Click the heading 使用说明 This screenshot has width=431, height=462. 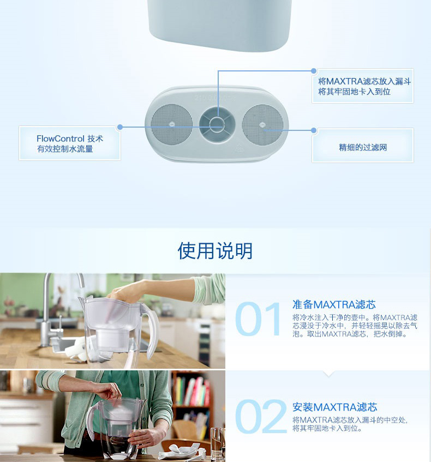click(x=215, y=251)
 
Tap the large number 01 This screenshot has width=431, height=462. click(x=258, y=319)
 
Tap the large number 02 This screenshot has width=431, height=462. click(x=261, y=416)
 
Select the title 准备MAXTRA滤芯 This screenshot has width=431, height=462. click(x=334, y=305)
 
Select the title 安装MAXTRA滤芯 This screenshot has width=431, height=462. click(x=334, y=407)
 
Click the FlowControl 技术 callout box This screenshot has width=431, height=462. click(x=70, y=143)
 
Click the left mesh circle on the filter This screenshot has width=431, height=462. click(x=171, y=124)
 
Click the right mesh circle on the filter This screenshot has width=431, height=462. click(x=262, y=124)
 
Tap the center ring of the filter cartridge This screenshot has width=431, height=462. click(x=217, y=124)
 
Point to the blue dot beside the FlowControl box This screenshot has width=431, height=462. click(x=119, y=127)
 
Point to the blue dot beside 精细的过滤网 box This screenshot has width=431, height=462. click(x=314, y=130)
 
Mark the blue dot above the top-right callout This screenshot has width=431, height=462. click(x=314, y=71)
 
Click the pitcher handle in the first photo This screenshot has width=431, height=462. click(x=151, y=330)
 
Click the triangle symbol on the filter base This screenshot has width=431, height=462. click(x=239, y=149)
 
